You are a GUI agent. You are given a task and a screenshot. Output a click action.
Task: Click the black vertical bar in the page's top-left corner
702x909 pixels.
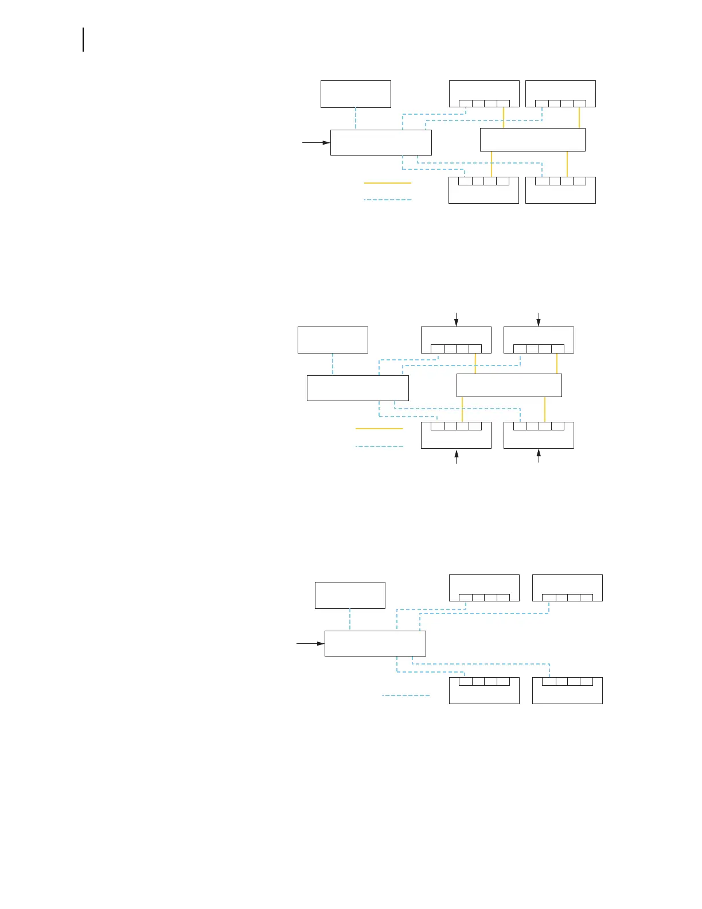(83, 39)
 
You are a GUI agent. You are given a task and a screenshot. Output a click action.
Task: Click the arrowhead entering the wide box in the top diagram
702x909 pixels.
(326, 142)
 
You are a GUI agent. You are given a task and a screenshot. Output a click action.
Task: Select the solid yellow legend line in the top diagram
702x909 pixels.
(387, 183)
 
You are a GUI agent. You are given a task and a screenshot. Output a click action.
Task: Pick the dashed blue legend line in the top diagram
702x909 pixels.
(387, 200)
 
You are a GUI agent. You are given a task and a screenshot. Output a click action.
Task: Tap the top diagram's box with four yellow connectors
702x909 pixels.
(532, 139)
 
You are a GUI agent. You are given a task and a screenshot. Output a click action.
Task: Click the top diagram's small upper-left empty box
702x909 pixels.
(356, 94)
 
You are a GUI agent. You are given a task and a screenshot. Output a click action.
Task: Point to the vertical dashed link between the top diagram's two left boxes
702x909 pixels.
(356, 119)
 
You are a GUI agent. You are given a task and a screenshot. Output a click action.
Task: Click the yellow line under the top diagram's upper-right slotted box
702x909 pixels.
(579, 118)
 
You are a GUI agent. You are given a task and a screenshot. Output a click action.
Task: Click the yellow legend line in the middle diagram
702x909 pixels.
(379, 429)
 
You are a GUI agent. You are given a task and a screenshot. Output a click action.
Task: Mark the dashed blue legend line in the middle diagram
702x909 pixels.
(379, 446)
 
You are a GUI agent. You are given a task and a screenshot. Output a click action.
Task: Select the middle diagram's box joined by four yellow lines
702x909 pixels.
(509, 385)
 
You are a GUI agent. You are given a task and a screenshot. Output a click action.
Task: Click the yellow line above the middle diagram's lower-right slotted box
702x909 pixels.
(544, 409)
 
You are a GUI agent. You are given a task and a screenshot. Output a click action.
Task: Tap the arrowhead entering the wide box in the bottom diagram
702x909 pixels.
(321, 643)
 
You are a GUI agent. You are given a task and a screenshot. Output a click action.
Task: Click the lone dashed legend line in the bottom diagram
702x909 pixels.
(405, 696)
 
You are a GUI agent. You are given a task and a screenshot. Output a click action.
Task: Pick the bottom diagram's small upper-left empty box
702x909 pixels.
(350, 595)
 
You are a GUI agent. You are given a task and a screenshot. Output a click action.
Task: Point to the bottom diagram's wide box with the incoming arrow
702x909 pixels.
(375, 643)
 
